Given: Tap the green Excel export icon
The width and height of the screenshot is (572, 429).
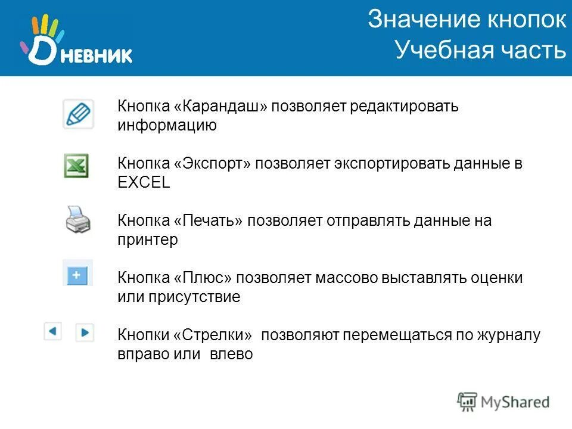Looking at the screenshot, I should click(77, 166).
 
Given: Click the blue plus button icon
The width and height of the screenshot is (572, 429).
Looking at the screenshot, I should click(78, 274).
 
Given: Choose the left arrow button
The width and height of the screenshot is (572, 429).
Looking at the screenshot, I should click(53, 331).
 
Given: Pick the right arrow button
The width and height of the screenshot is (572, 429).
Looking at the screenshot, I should click(85, 332).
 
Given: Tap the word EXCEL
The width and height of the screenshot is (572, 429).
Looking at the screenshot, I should click(144, 183).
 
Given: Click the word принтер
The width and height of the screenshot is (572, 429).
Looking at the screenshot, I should click(148, 240).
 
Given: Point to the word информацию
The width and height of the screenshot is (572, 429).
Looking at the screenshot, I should click(167, 126).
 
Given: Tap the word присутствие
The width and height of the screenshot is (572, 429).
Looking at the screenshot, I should click(195, 297).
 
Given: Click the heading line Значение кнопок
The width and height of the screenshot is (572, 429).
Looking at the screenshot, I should click(467, 20).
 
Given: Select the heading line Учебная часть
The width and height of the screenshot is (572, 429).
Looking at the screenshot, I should click(480, 50).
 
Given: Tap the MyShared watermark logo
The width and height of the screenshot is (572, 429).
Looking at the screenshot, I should click(503, 401).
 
